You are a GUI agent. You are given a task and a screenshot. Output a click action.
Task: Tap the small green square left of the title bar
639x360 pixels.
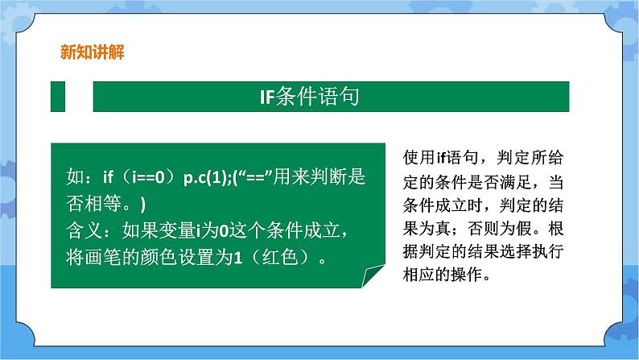click(x=59, y=97)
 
